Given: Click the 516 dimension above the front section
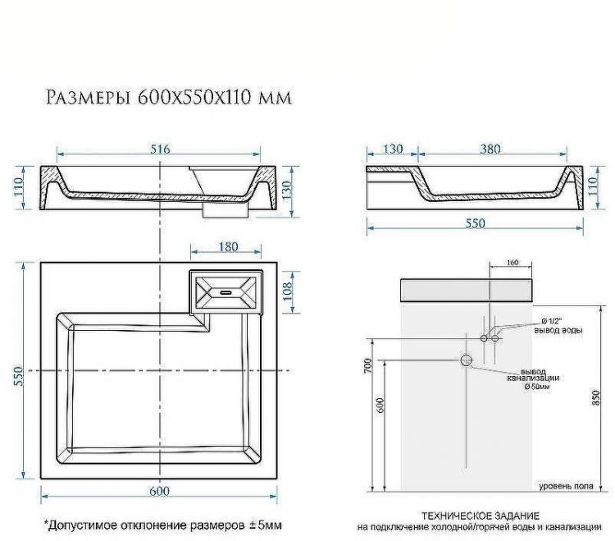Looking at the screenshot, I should pos(160,149).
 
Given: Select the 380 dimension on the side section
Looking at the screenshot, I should pos(491,149).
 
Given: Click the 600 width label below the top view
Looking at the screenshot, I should pos(160,491).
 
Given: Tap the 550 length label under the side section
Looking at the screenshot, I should pos(475,223).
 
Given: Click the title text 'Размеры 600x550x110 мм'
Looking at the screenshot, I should pos(168,99).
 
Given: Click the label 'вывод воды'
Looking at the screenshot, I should pos(560,331).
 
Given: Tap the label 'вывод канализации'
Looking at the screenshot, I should pos(540,374).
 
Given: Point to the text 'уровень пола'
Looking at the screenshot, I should pos(566,486).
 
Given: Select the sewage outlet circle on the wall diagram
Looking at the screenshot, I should pos(467,360).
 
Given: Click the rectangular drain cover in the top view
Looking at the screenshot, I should pos(226,291).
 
